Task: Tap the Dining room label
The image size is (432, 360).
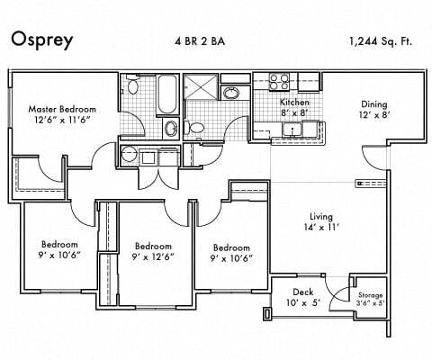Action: [x=374, y=103]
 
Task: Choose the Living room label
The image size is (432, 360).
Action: [x=321, y=217]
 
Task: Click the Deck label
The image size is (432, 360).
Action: [x=303, y=292]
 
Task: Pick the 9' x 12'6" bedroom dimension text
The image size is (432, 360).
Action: [x=153, y=256]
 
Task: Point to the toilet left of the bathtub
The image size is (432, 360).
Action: [x=132, y=86]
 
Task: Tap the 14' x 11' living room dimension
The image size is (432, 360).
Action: [x=321, y=229]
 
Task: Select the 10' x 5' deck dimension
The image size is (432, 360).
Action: [x=303, y=303]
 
